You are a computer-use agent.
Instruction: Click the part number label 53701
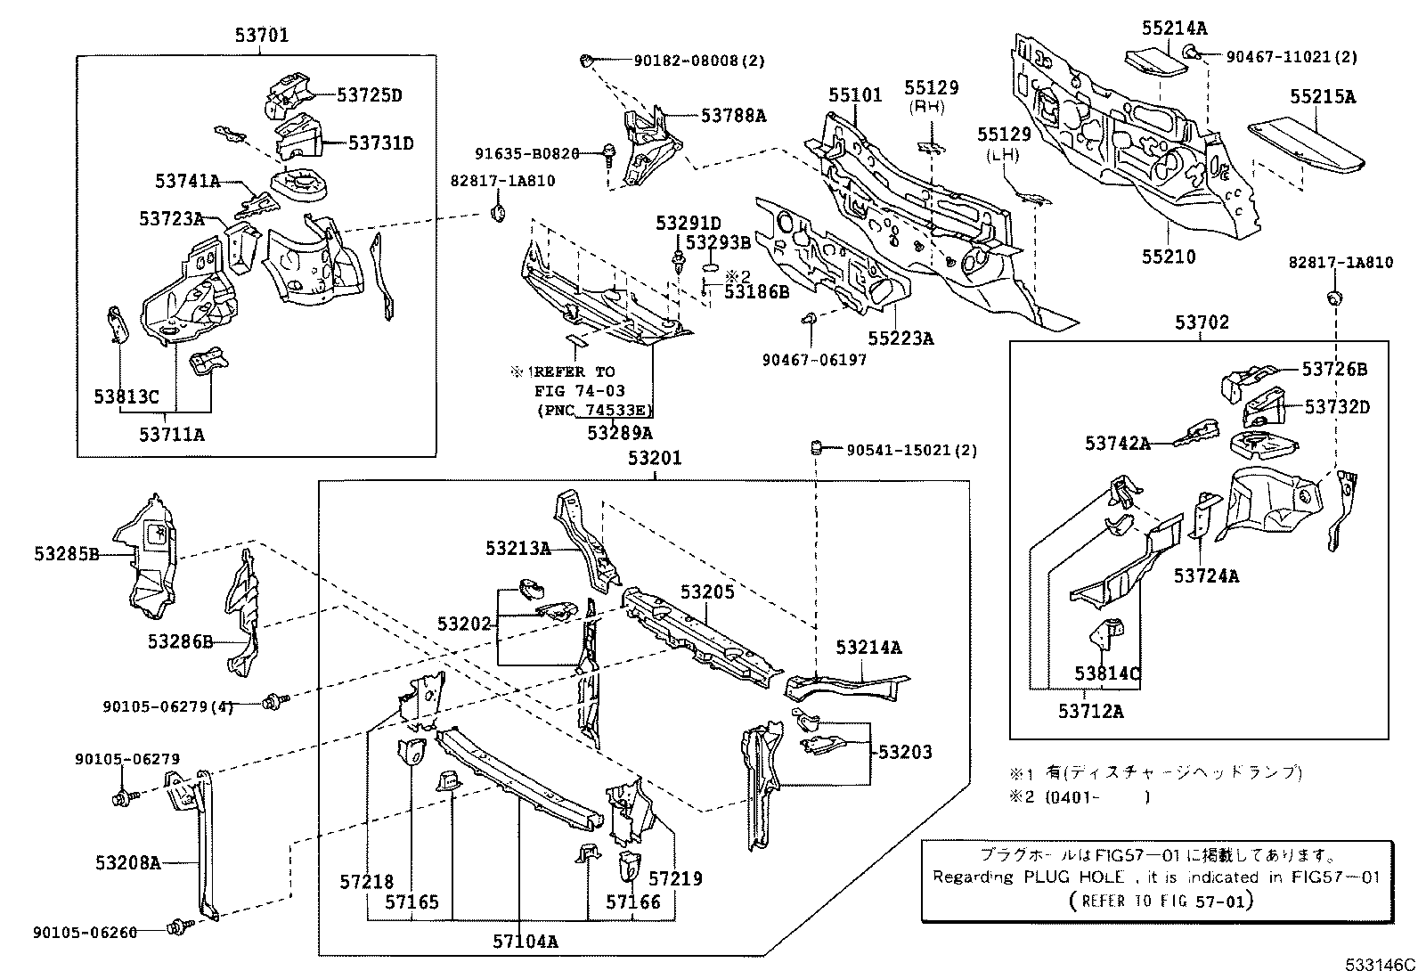point(262,37)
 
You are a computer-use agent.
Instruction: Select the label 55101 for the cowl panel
point(855,94)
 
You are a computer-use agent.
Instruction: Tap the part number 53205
point(707,592)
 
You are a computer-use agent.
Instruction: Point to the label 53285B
point(67,554)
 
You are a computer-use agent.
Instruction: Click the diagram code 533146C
point(1380,965)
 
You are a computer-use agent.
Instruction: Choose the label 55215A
point(1323,97)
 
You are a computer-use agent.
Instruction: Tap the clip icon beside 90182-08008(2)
point(586,61)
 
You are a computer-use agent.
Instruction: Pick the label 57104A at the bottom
point(526,941)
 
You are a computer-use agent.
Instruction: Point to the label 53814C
point(1107,673)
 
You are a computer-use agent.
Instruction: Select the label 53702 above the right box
point(1202,322)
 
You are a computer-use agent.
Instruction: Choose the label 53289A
point(620,433)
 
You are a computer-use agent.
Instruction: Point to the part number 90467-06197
point(814,360)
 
